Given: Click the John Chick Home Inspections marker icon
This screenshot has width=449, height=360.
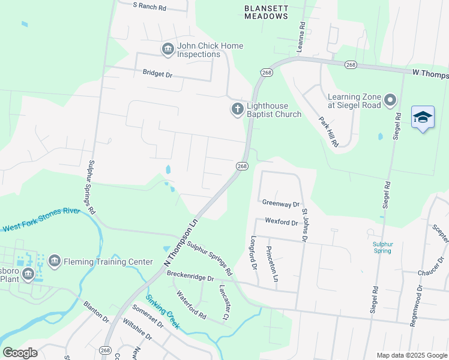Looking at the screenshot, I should coord(167,50).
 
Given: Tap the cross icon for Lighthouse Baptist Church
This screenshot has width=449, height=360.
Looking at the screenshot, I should coord(237,109).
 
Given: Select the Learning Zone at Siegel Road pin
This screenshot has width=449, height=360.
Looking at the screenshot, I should coord(391,101).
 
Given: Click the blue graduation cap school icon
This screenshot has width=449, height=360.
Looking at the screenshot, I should coord(423,118).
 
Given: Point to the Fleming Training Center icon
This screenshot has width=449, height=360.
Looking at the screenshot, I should coord(54,262).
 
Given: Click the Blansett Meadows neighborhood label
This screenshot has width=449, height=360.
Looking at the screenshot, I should coord(266,13).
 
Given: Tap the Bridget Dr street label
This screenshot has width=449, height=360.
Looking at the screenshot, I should coord(157,74).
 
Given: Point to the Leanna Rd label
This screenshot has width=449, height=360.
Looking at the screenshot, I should coord(303,37).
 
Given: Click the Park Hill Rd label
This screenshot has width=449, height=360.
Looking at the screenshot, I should coord(329,131).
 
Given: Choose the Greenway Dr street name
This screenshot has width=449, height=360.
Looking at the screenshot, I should coord(280,203).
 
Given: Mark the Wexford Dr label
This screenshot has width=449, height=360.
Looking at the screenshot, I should coord(281,223).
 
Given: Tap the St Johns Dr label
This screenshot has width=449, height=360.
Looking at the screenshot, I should coord(305,225).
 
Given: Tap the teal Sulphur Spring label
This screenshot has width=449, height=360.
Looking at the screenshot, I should coord(382,247).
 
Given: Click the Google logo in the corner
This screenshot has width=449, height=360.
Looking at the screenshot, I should coord(20,353).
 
